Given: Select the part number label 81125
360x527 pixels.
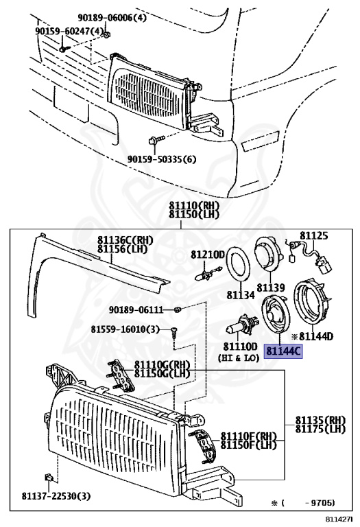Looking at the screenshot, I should tap(315, 237).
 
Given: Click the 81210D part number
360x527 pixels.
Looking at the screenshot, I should tap(208, 255).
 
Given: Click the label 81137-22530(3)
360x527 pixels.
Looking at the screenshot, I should tap(56, 495).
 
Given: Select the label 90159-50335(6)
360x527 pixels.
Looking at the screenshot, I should tap(161, 160).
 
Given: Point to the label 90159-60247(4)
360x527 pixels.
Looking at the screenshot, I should tap(70, 31).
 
